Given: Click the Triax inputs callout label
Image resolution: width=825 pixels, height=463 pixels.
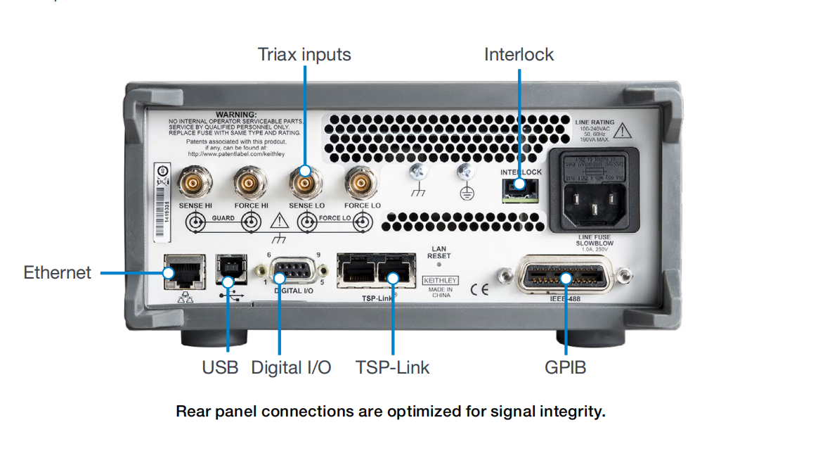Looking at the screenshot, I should (x=304, y=54).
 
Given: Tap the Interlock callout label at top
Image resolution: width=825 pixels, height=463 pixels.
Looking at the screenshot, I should (x=519, y=54).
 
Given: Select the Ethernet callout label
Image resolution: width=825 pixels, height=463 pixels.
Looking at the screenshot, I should (x=57, y=272).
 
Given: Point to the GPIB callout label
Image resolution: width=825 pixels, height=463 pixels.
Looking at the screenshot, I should (x=565, y=367).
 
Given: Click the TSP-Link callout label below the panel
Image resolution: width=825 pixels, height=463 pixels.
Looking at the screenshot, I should (x=392, y=367).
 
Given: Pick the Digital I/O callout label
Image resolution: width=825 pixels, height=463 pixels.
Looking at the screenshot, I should (x=291, y=367).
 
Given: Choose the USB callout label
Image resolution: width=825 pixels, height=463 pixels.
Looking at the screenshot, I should (x=220, y=367).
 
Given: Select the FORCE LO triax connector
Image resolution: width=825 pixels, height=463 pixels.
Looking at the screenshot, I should (x=360, y=185).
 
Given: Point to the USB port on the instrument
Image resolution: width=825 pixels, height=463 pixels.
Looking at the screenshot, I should (x=228, y=269).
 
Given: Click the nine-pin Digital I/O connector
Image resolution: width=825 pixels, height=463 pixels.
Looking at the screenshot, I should (x=293, y=270).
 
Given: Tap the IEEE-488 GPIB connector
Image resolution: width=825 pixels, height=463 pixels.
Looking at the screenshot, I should (x=564, y=277).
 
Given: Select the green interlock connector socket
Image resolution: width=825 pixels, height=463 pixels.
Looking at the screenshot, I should (x=521, y=189).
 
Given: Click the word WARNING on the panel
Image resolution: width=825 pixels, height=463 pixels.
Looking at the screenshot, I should (x=236, y=113).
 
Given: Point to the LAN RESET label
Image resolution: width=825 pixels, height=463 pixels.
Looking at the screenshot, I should (x=439, y=253).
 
